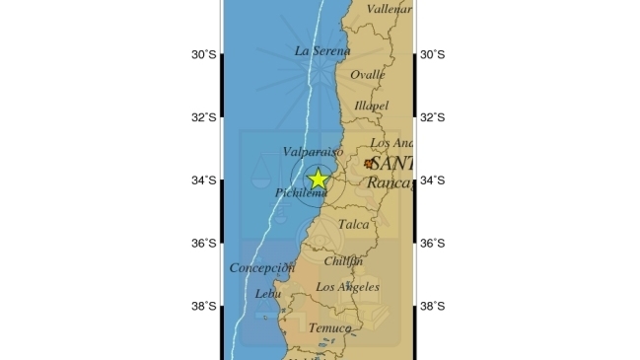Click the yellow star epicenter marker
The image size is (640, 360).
pyautogui.click(x=318, y=179)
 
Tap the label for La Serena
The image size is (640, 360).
pyautogui.click(x=322, y=50)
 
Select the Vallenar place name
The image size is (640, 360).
pyautogui.click(x=389, y=9)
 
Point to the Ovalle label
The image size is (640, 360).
pyautogui.click(x=368, y=74)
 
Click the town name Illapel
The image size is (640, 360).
pyautogui.click(x=372, y=106)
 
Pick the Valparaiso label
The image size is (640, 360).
pyautogui.click(x=312, y=152)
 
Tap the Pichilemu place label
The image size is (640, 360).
pyautogui.click(x=300, y=193)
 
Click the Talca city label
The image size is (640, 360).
pyautogui.click(x=353, y=225)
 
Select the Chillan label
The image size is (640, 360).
pyautogui.click(x=343, y=260)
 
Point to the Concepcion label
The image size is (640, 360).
pyautogui.click(x=262, y=267)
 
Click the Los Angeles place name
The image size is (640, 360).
pyautogui.click(x=347, y=287)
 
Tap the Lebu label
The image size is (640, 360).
pyautogui.click(x=267, y=293)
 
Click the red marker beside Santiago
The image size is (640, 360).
pyautogui.click(x=369, y=164)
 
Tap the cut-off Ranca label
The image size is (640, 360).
pyautogui.click(x=389, y=182)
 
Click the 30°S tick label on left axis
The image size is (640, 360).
pyautogui.click(x=204, y=54)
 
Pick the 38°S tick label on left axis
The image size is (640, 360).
pyautogui.click(x=204, y=306)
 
